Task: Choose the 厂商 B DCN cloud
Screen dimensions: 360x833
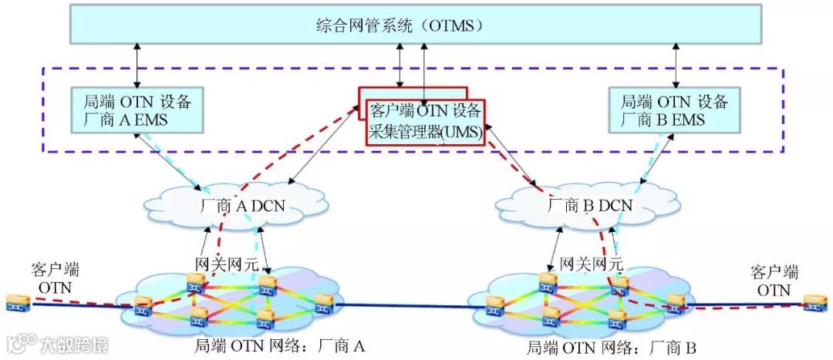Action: tap(587, 206)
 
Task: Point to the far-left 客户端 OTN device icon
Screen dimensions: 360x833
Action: tap(15, 303)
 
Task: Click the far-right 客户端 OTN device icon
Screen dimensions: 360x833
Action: tap(811, 303)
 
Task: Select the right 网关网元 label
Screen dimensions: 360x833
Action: tap(587, 264)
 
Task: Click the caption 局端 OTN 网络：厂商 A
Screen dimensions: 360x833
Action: tap(279, 346)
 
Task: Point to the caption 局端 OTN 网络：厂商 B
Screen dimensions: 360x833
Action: tap(612, 348)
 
